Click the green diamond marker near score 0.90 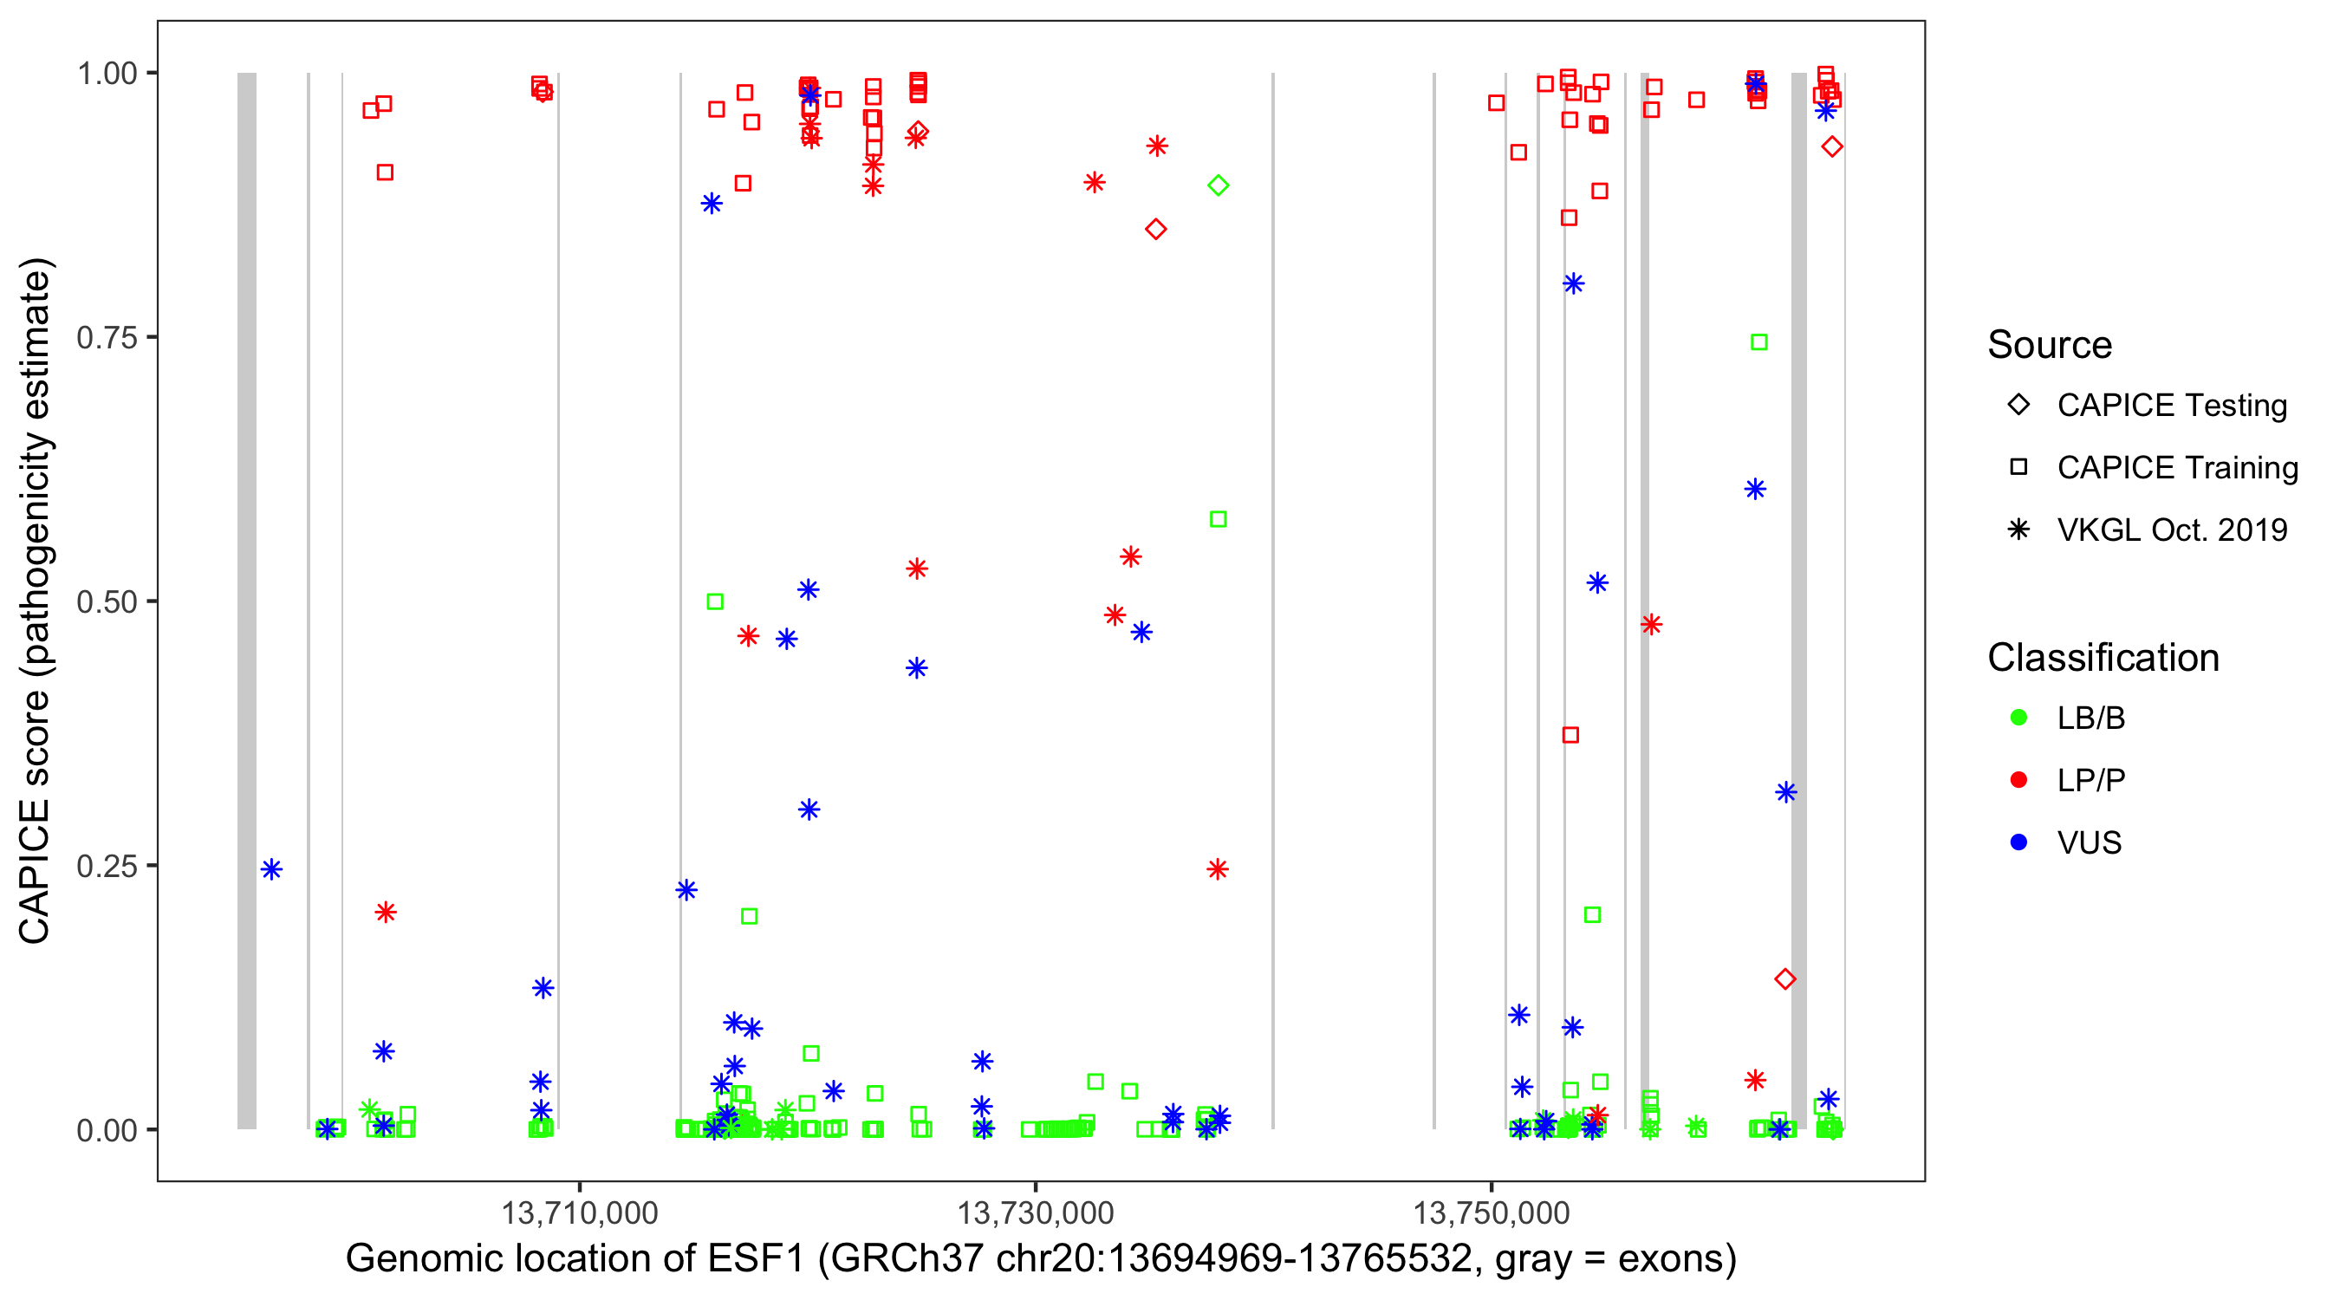(1219, 185)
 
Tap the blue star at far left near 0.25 (271, 869)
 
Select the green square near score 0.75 (1758, 342)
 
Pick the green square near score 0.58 (1219, 519)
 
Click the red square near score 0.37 (1570, 734)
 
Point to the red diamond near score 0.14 (1785, 978)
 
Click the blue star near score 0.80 (1573, 283)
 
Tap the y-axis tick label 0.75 (107, 338)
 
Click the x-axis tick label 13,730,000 (1036, 1212)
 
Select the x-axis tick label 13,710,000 (580, 1212)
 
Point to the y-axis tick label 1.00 (107, 74)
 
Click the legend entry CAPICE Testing (2172, 406)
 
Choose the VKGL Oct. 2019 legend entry (2172, 530)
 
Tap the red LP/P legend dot (2018, 780)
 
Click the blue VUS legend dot (2018, 842)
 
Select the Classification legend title (2103, 658)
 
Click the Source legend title (2050, 345)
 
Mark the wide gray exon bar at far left (247, 600)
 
